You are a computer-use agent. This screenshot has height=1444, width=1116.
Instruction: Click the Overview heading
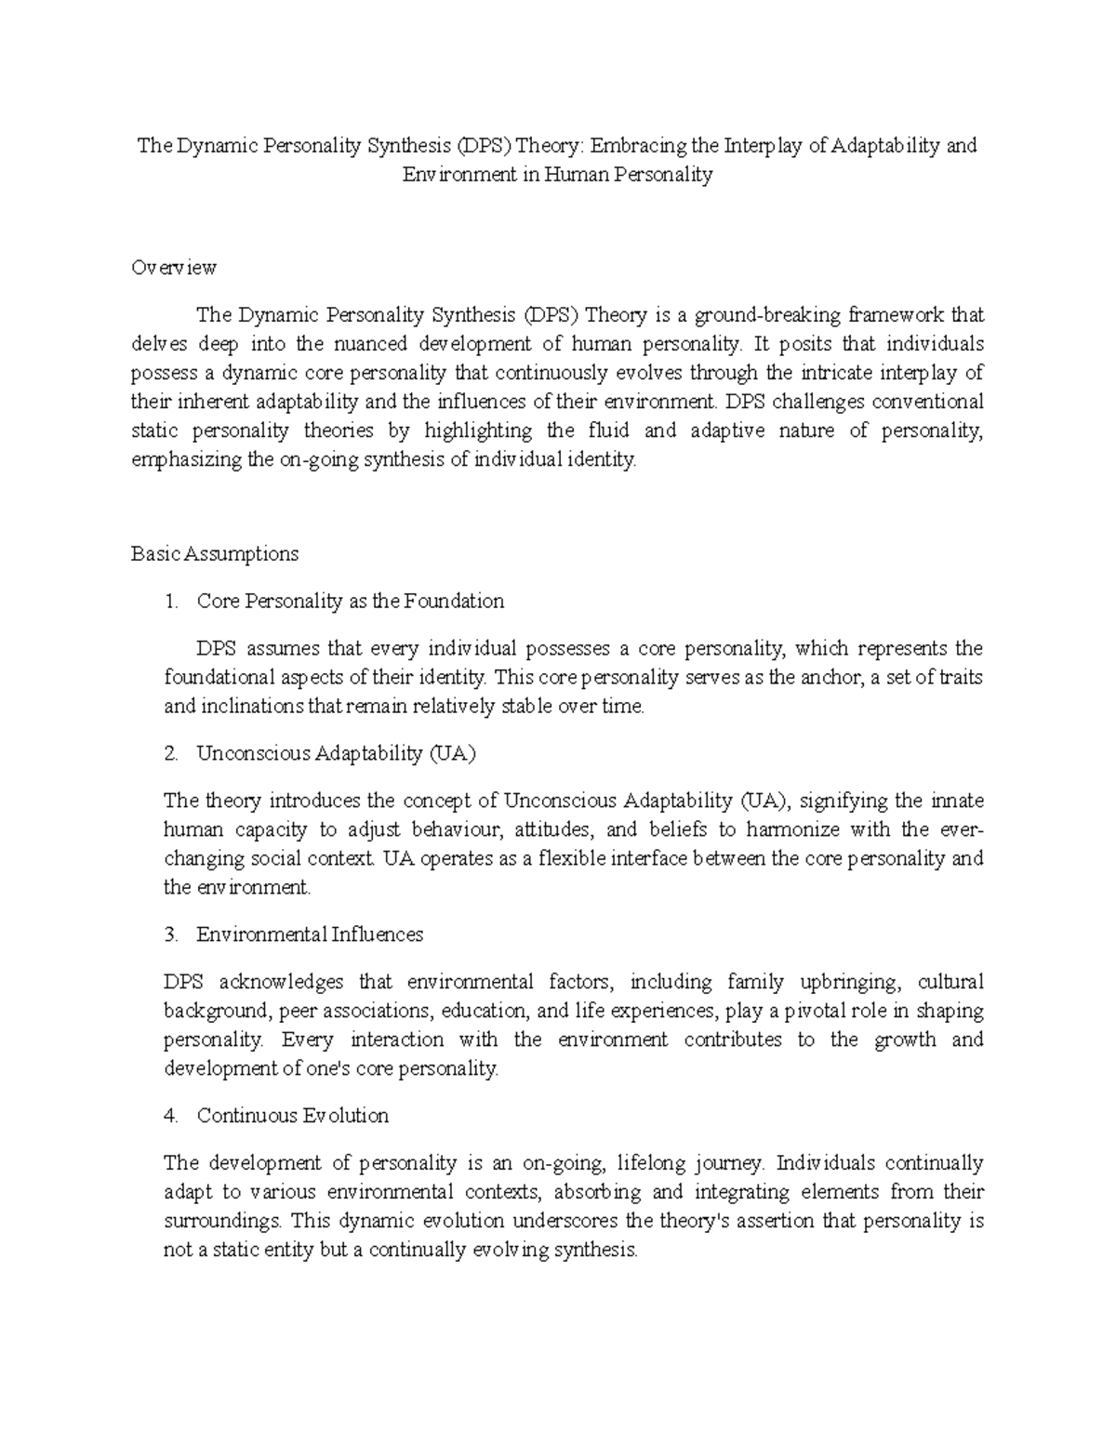tap(174, 268)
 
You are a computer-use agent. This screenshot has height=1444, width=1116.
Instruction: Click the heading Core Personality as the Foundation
tap(351, 602)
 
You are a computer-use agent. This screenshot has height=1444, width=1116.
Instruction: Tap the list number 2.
tap(170, 754)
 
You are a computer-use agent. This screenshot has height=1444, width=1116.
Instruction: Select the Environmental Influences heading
tap(310, 934)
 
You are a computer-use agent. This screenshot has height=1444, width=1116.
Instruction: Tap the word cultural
tap(950, 982)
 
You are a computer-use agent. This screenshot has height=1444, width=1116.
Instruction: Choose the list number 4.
tap(170, 1116)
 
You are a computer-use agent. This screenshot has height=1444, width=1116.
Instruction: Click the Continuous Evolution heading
tap(293, 1116)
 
